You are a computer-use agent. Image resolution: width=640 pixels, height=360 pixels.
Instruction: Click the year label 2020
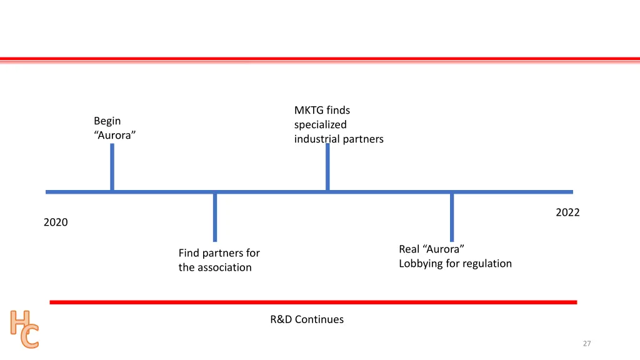point(56,222)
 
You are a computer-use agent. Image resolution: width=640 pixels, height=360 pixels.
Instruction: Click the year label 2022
point(567,212)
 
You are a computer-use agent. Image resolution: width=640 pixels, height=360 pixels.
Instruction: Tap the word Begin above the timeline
point(107,121)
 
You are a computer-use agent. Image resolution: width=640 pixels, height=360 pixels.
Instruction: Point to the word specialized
point(320,125)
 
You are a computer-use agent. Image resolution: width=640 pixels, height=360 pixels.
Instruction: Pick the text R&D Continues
point(307,319)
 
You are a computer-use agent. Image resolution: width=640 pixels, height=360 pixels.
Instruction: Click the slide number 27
point(586,344)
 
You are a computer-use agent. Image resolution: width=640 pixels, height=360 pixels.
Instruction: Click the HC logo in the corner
point(24,329)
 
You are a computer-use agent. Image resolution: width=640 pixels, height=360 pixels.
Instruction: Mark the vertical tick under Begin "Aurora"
point(112,167)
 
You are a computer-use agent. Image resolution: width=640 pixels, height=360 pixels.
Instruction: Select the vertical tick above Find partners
point(215,217)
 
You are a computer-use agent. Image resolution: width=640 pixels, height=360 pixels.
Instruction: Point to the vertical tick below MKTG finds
point(327,167)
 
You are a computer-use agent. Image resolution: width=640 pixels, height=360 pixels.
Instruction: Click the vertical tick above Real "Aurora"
point(452,217)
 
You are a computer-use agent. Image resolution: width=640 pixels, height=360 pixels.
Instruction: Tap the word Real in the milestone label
point(409,249)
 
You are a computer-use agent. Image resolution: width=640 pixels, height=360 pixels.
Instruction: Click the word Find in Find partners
point(189,253)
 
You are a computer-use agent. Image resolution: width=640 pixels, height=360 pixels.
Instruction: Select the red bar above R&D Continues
point(313,302)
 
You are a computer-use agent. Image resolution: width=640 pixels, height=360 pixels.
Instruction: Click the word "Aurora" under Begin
point(115,135)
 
